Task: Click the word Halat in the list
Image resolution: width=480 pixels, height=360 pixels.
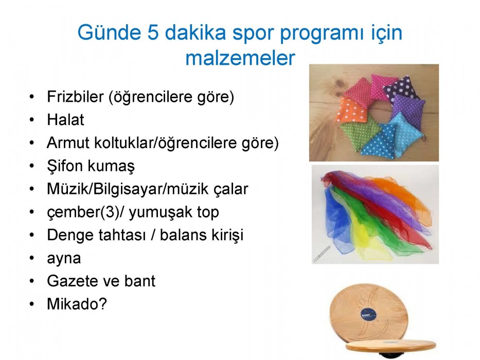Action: tap(65, 120)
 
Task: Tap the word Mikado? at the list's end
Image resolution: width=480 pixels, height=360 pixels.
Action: tap(77, 304)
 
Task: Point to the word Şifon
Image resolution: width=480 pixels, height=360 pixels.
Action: tap(65, 166)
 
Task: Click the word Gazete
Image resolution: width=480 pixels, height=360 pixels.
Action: tap(70, 281)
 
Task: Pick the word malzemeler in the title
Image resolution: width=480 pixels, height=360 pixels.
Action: tap(240, 58)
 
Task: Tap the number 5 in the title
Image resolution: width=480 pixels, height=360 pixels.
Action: tap(153, 32)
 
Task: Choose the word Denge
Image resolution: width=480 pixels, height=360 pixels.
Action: tap(70, 236)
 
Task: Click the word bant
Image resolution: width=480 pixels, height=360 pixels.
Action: tap(140, 281)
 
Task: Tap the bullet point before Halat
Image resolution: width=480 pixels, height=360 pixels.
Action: tap(32, 120)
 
